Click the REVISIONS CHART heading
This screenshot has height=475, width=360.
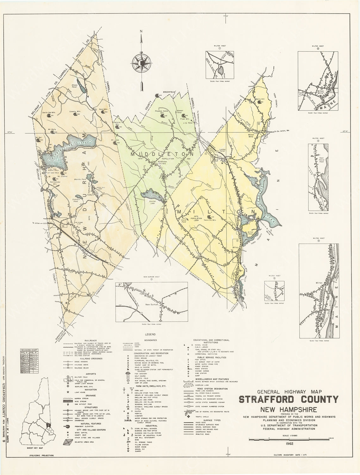coord(29,348)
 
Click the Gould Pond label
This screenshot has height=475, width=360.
coord(185,219)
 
